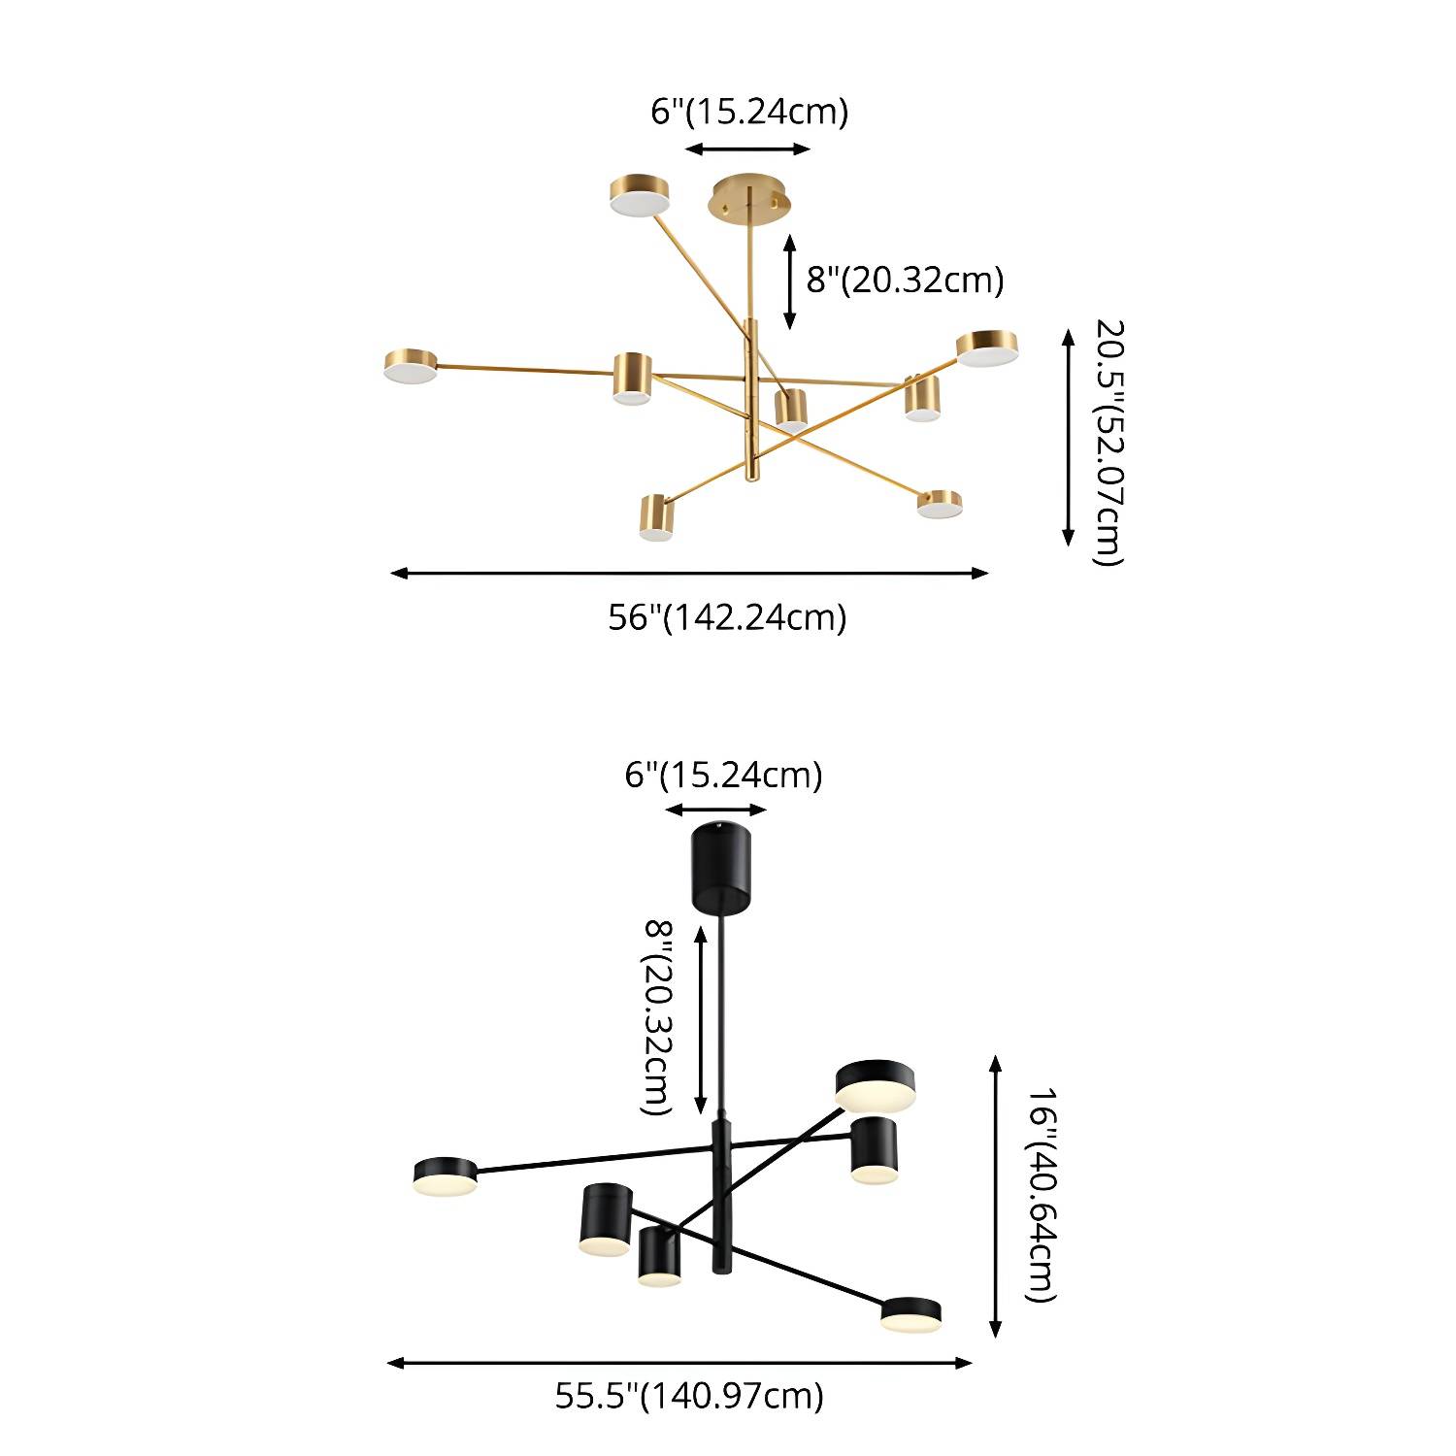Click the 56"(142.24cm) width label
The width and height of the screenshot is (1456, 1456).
pos(727,617)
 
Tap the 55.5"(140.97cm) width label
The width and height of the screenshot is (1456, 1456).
pos(689,1396)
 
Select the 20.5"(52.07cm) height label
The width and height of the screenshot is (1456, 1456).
pos(1109,442)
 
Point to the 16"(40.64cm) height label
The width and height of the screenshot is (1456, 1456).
pos(1041,1195)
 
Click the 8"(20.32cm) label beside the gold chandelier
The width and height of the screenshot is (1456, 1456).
pos(905,280)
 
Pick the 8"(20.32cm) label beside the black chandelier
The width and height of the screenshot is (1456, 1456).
pos(659,1018)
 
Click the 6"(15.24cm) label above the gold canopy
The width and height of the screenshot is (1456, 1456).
pos(749,112)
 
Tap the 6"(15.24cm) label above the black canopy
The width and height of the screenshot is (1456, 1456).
pos(723,776)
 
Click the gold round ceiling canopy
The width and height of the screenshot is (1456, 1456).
pos(749,197)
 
